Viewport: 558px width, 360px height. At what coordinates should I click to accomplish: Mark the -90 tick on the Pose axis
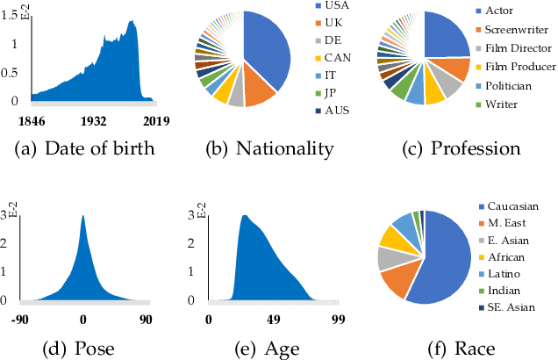tap(20, 320)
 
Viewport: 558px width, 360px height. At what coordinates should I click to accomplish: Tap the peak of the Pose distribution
tap(82, 216)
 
